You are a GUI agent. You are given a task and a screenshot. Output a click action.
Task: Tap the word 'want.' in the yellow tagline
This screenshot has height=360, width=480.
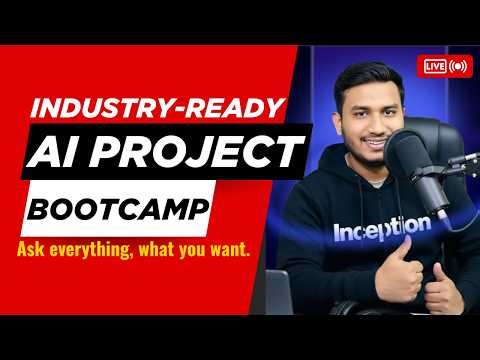click(239, 245)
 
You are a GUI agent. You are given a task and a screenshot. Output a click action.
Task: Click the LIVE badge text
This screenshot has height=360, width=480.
click(435, 66)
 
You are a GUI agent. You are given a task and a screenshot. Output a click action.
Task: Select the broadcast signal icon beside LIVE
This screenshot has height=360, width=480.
click(458, 66)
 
